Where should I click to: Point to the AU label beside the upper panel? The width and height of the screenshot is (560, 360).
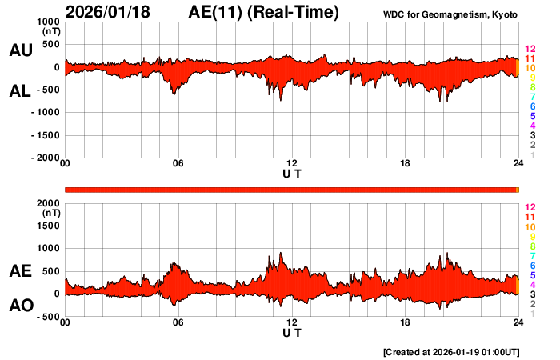tap(20, 50)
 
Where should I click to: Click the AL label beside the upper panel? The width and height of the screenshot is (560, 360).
tap(20, 91)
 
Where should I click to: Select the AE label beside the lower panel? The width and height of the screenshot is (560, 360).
tap(20, 271)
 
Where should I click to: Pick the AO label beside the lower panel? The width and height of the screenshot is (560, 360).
tap(20, 306)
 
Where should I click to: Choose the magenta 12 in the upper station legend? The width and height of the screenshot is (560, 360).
tap(529, 50)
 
